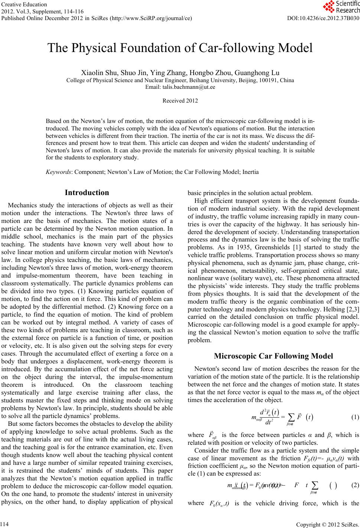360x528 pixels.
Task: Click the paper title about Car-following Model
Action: click(x=180, y=48)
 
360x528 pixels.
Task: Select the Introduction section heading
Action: click(x=87, y=193)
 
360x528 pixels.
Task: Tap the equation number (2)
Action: click(x=355, y=496)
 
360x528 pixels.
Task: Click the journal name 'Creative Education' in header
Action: click(x=24, y=4)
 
